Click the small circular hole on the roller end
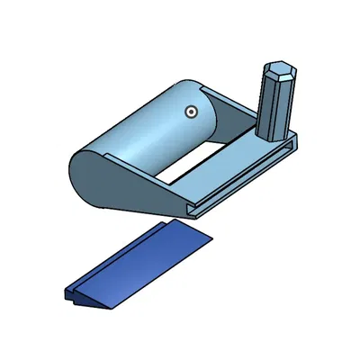click(190, 112)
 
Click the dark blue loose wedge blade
click(144, 261)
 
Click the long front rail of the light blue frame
click(243, 180)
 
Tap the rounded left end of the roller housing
click(81, 166)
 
